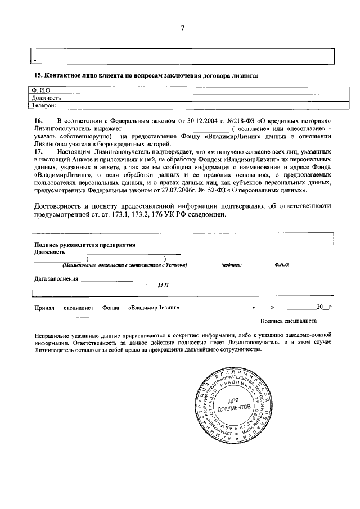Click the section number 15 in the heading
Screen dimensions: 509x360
coord(38,76)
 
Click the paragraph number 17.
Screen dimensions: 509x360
coord(38,152)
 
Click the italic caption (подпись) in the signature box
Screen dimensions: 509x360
coord(231,264)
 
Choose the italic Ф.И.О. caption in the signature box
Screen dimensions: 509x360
coord(282,264)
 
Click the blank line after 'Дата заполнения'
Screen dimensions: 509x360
coord(106,280)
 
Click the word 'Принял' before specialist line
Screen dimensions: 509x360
coord(44,308)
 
